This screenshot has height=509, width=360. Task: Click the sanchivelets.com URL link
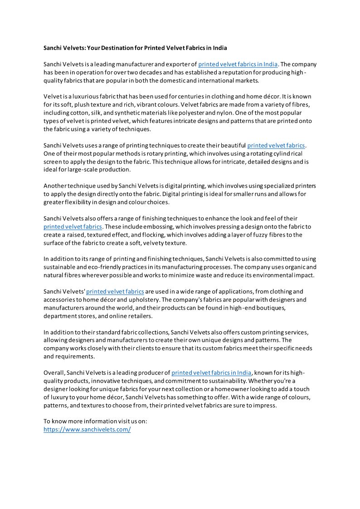pyautogui.click(x=87, y=429)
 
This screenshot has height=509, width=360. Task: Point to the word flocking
pyautogui.click(x=187, y=235)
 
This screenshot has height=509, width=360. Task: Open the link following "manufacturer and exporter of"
pyautogui.click(x=238, y=64)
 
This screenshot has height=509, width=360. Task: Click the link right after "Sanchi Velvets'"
pyautogui.click(x=115, y=291)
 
